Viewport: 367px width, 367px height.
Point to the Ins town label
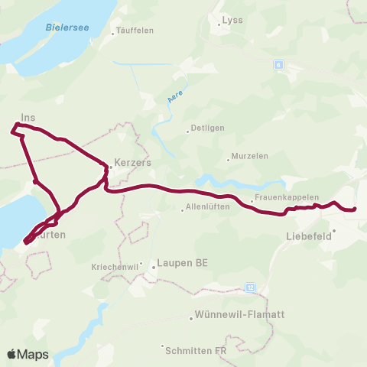[x=28, y=118]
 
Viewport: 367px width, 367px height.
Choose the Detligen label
[x=206, y=130]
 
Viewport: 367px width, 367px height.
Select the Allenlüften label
[x=206, y=208]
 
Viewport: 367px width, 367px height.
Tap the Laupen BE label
[x=180, y=263]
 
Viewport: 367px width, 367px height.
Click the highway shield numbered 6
[x=278, y=66]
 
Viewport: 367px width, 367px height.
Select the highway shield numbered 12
[x=250, y=287]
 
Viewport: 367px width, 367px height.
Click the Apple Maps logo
[x=28, y=354]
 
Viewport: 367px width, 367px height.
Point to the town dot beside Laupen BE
[x=153, y=267]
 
